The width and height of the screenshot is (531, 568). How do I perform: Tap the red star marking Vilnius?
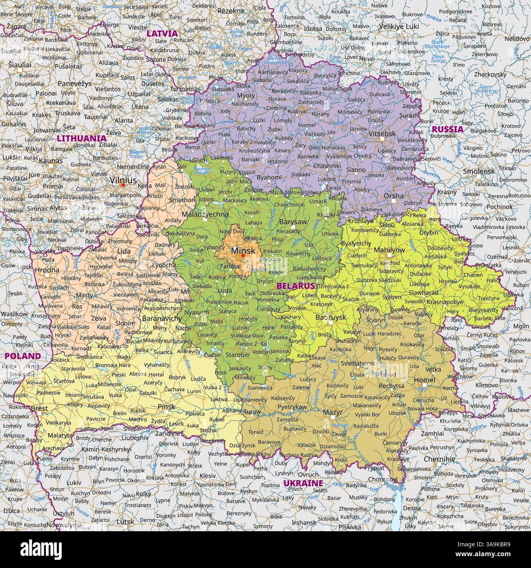click(x=123, y=185)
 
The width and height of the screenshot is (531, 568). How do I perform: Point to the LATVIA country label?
click(x=162, y=33)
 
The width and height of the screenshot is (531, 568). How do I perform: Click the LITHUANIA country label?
click(x=82, y=138)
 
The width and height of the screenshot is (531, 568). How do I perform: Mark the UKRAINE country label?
click(x=303, y=483)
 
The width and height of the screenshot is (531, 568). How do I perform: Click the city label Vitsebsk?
click(x=382, y=134)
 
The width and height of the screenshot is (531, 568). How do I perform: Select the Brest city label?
click(x=39, y=408)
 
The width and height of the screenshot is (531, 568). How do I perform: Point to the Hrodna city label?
click(x=47, y=270)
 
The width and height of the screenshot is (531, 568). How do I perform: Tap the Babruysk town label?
click(x=331, y=317)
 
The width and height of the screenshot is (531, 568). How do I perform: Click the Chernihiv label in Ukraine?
click(x=439, y=459)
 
